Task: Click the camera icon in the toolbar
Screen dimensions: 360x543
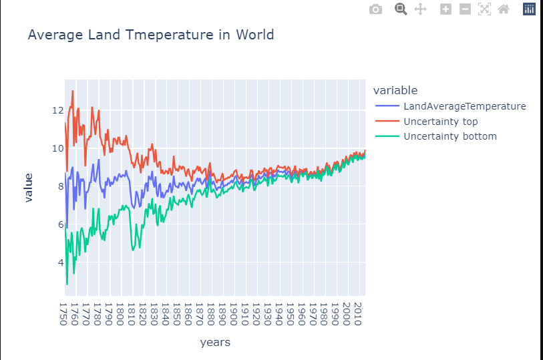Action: coord(376,9)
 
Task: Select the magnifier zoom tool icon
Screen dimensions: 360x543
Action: coord(401,9)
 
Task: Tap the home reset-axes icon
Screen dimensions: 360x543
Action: coord(504,9)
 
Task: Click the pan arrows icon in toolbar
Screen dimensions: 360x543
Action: coord(420,9)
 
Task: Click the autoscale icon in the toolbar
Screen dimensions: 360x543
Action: coord(484,9)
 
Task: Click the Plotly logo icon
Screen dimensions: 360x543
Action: coord(529,9)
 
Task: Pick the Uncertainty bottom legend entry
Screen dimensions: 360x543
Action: coord(449,137)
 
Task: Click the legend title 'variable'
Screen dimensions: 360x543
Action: coord(395,90)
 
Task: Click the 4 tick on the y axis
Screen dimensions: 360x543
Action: coord(58,262)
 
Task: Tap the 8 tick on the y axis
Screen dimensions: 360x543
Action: coord(58,186)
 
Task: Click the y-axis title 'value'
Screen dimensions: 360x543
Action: coord(28,187)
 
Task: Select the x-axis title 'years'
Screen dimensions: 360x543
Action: coord(215,343)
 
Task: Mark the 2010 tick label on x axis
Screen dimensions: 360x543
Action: coord(358,313)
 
